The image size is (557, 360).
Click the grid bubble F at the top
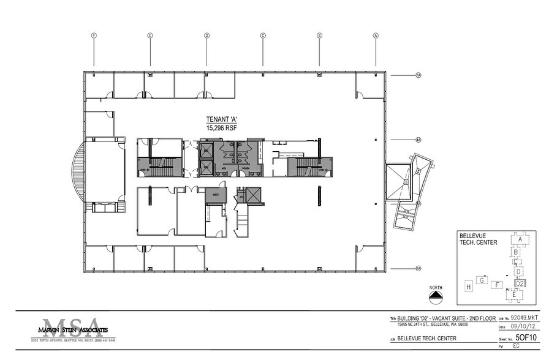[94, 36]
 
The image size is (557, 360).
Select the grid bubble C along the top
[263, 36]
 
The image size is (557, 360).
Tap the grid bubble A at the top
[376, 36]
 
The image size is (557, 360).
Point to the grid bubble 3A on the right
[419, 75]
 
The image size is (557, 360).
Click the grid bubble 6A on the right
[419, 268]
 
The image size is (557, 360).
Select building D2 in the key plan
[519, 283]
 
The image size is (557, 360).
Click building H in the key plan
[468, 287]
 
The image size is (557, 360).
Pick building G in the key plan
[483, 280]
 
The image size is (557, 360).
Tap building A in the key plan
[520, 239]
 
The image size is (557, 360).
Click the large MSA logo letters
[68, 325]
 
